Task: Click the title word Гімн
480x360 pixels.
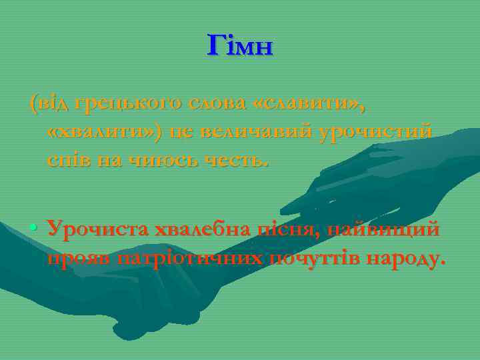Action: [x=241, y=46]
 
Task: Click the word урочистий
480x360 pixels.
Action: [x=375, y=133]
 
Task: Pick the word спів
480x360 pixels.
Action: [x=67, y=160]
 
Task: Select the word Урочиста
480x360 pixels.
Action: [x=98, y=230]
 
